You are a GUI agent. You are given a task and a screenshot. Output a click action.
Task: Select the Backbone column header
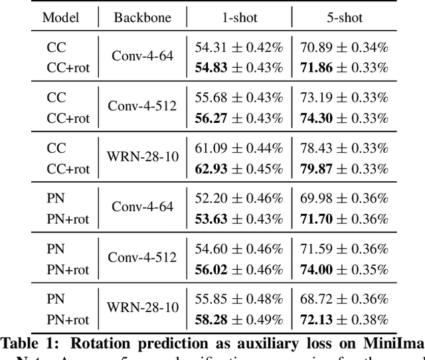point(142,17)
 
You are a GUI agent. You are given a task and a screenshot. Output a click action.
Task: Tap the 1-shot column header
point(239,17)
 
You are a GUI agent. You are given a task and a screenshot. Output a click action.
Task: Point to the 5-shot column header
point(344,17)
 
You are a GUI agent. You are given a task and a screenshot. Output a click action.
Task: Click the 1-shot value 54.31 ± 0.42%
point(239,46)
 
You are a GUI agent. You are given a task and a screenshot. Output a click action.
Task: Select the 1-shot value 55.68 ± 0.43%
point(239,98)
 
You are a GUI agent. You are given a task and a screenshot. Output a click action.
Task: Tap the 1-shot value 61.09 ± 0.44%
point(239,148)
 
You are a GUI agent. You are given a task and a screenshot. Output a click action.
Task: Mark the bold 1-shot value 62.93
point(209,169)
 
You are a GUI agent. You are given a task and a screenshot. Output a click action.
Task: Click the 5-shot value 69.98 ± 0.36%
point(344,198)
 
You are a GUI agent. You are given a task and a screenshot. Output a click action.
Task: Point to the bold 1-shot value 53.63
point(209,219)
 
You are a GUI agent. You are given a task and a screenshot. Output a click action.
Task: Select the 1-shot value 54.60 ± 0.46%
point(239,249)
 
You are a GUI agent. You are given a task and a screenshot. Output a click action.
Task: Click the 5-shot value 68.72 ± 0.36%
point(344,299)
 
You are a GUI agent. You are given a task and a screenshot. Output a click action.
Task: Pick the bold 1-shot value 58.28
point(209,320)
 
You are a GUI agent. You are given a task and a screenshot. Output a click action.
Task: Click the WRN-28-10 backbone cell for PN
point(142,310)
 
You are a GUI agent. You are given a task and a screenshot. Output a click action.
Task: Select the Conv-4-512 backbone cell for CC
point(142,108)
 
